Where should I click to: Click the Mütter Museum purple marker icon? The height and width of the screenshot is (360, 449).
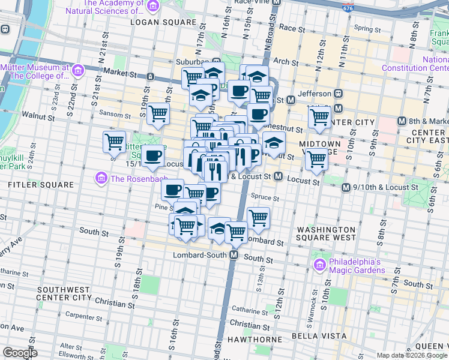coord(77,71)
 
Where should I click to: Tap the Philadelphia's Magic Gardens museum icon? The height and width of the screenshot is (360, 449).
coord(319,265)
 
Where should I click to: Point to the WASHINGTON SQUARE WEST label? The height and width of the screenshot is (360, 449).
coord(327,233)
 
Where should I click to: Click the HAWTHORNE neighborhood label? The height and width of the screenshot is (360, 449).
coord(252,340)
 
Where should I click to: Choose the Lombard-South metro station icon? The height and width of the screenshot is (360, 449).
coord(235,255)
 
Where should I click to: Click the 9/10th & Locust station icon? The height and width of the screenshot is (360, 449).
coord(346,188)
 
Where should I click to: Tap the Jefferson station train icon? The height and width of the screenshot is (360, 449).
coord(338,94)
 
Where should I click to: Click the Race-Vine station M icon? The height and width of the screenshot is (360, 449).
coord(276,2)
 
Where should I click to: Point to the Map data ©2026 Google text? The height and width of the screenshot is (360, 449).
coord(411,355)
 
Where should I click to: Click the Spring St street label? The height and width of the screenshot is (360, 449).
coord(364,28)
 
